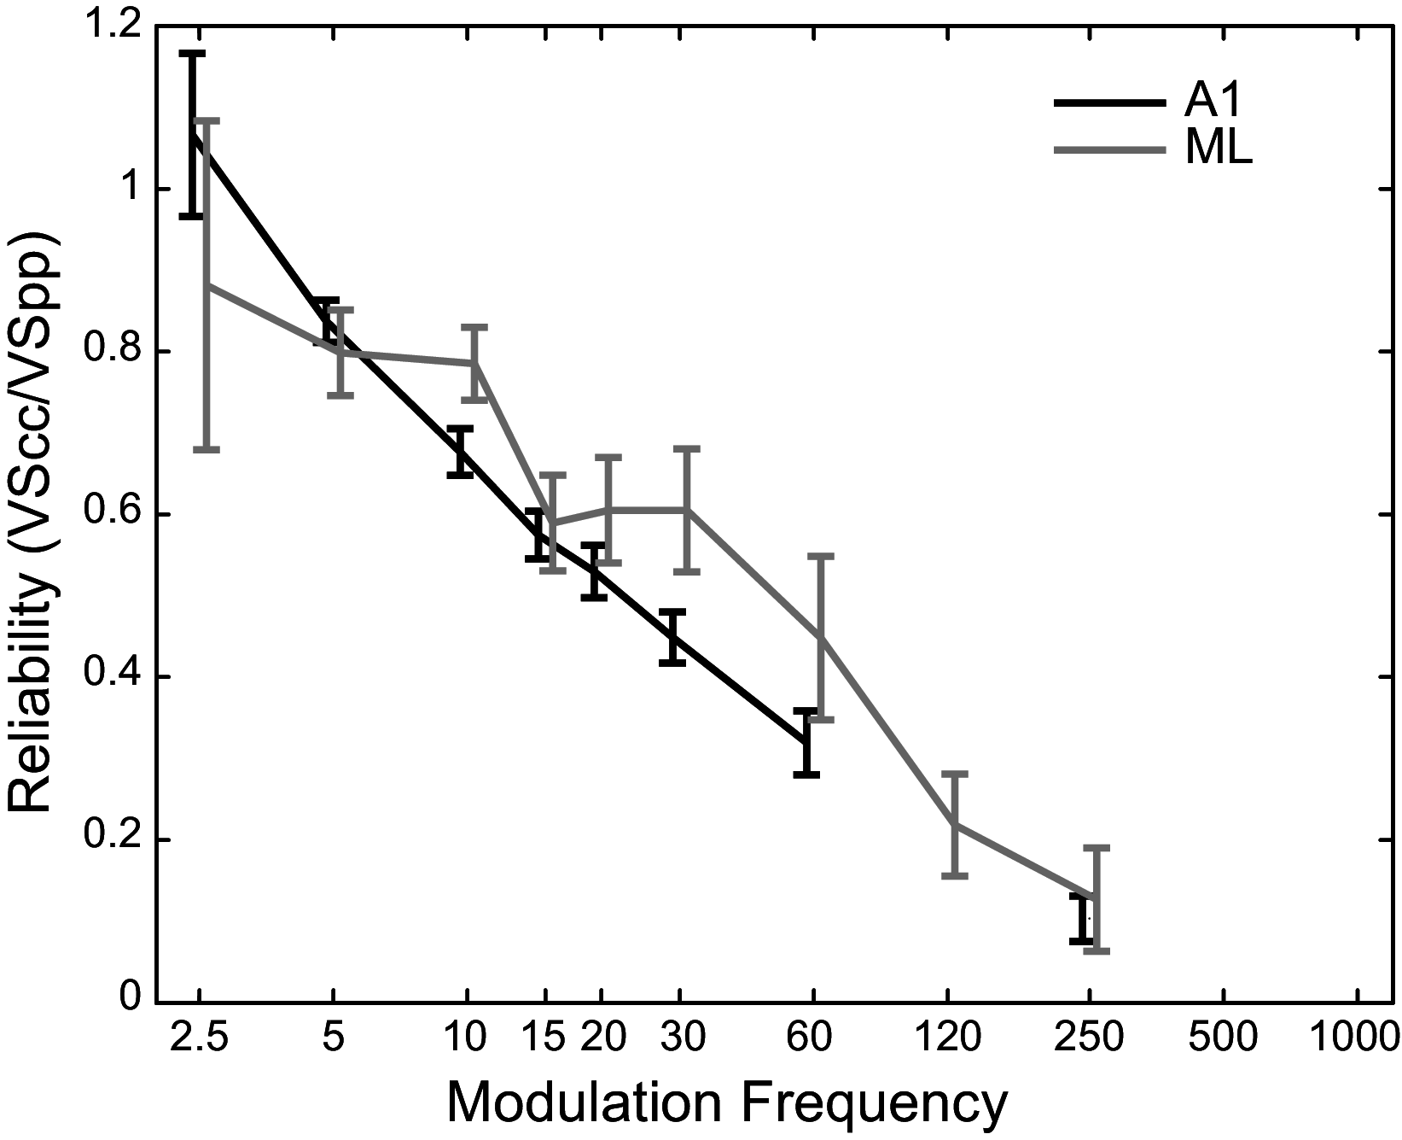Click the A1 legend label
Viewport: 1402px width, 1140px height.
[1212, 102]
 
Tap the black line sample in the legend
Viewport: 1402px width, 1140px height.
[1109, 102]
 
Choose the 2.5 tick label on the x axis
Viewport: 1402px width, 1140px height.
[198, 1038]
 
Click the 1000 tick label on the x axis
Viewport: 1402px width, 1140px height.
[1357, 1038]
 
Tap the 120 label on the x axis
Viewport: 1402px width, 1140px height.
[948, 1038]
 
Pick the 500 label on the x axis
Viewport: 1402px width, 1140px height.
[1224, 1038]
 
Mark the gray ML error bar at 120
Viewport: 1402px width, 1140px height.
[958, 824]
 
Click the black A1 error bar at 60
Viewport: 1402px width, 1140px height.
[806, 742]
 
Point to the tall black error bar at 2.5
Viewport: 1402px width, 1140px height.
[193, 135]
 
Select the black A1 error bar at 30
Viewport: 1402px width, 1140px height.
[672, 638]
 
